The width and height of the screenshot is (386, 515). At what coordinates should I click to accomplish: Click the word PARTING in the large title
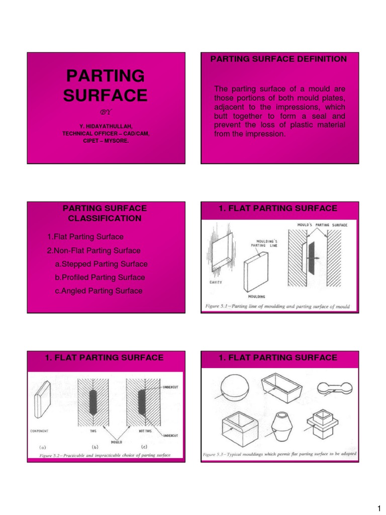[x=106, y=76]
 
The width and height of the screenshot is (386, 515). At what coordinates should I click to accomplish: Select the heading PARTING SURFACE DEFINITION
[x=278, y=59]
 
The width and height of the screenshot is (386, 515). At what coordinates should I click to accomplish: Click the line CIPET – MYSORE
[x=106, y=141]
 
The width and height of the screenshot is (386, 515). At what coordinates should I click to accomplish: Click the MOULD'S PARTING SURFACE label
[x=318, y=225]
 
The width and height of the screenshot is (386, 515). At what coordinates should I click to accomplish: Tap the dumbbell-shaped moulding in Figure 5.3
[x=333, y=388]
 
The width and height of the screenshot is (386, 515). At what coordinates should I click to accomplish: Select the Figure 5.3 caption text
[x=279, y=454]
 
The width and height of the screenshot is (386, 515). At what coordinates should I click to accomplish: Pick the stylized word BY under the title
[x=106, y=112]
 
